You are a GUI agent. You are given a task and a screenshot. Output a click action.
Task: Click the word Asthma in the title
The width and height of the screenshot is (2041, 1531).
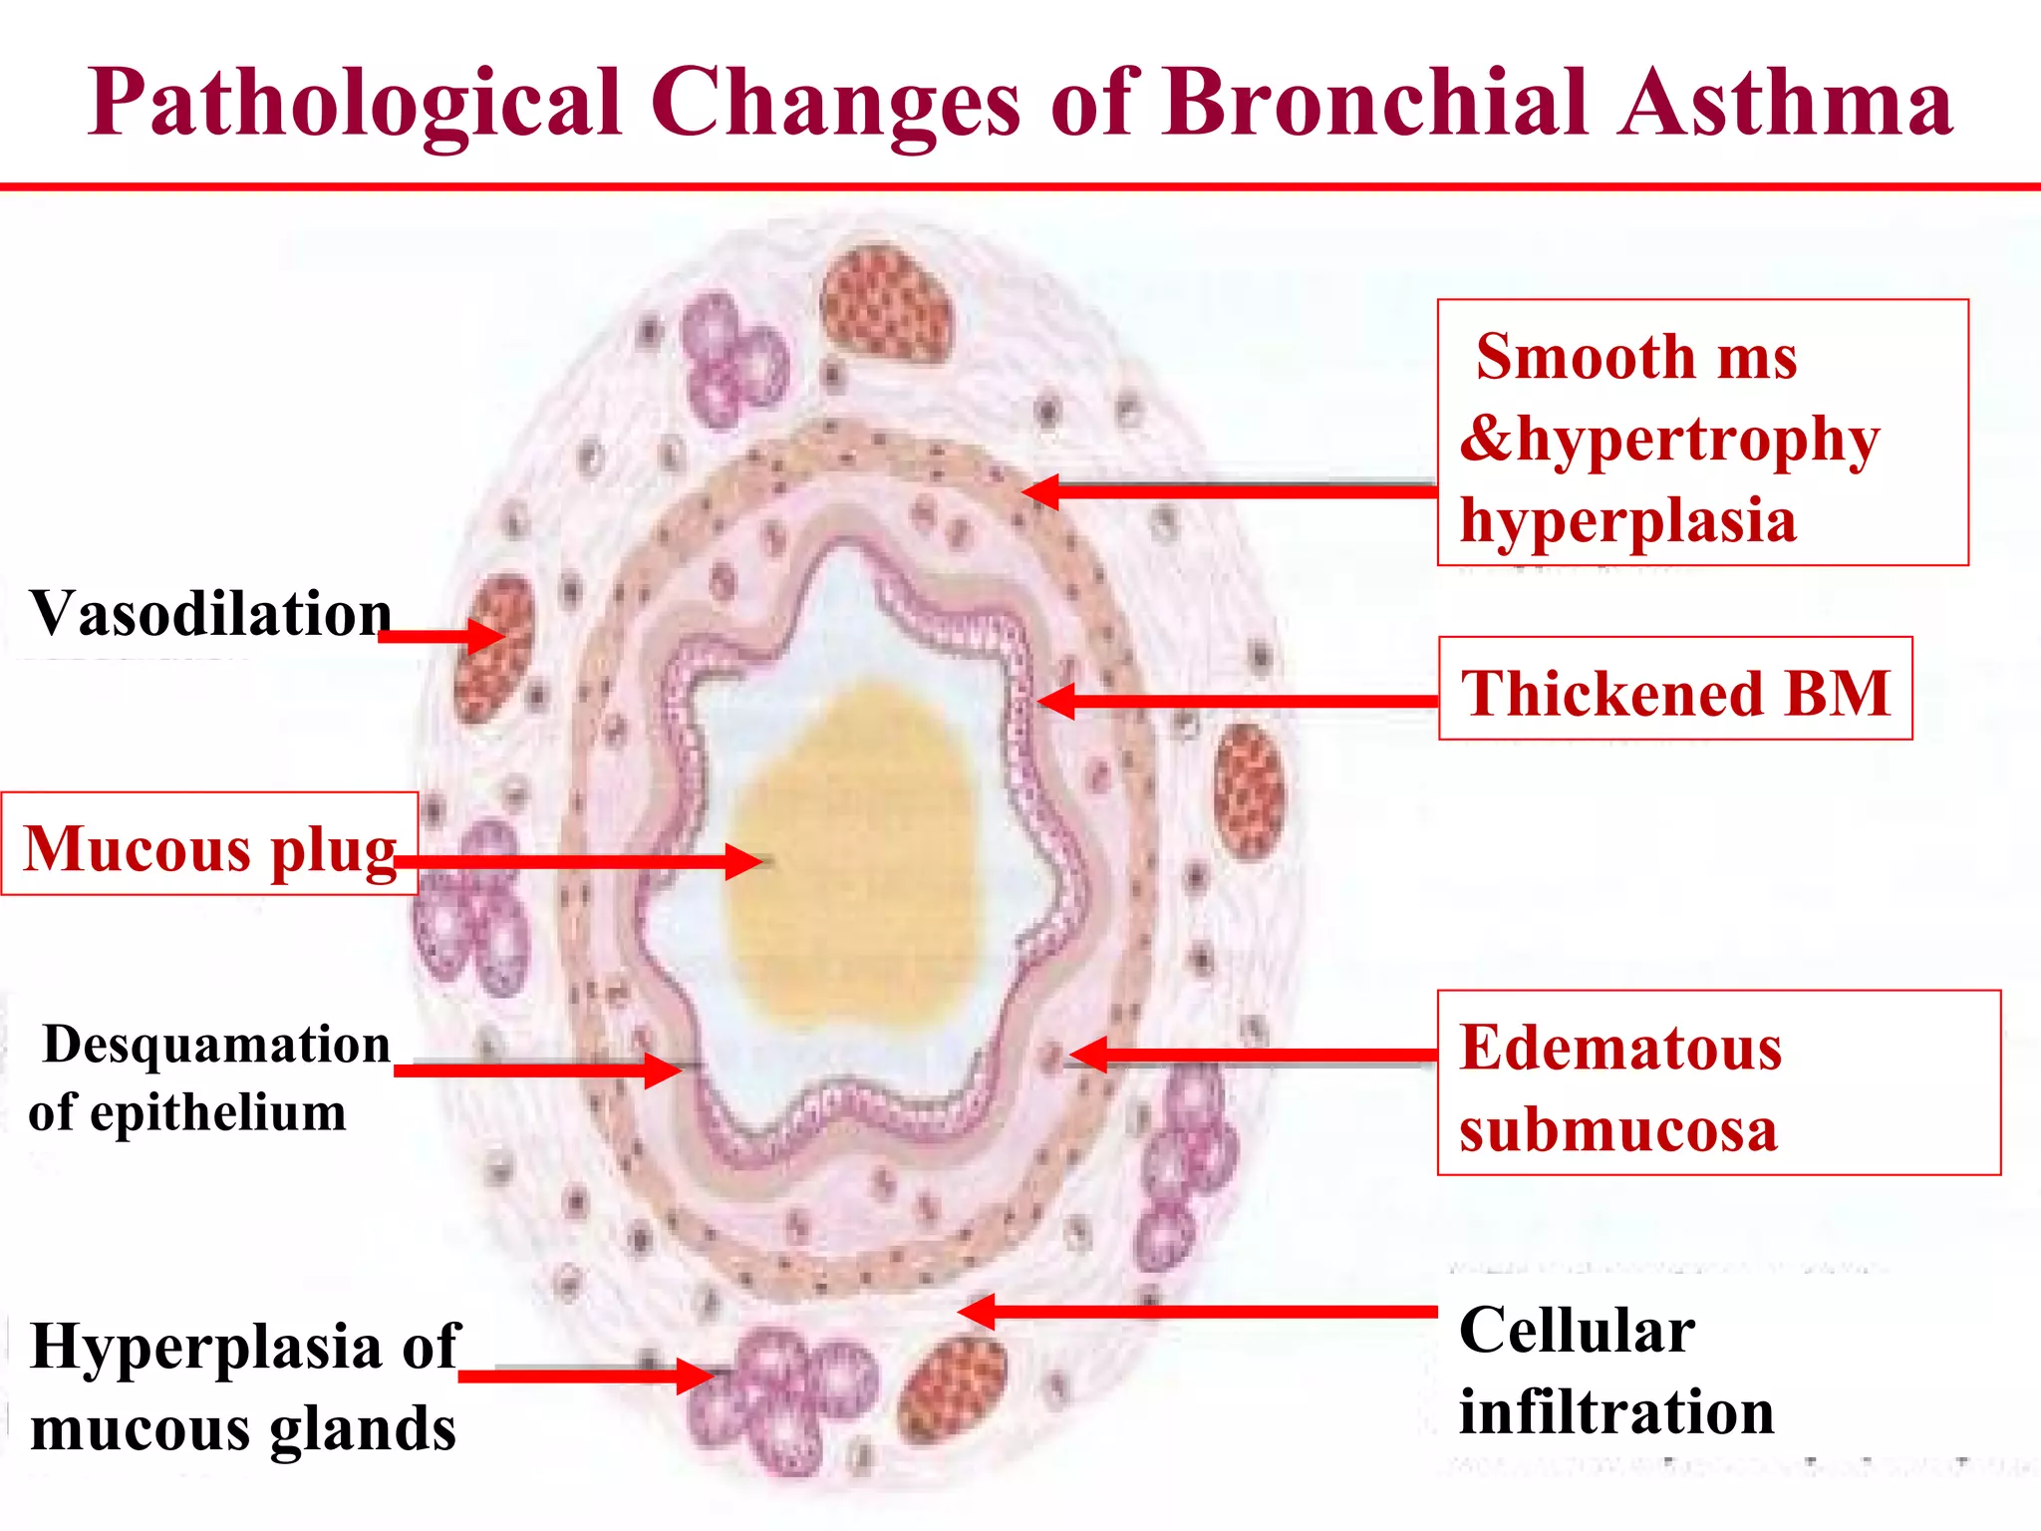tap(1784, 102)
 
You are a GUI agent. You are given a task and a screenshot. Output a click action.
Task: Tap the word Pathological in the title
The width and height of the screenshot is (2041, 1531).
tap(355, 104)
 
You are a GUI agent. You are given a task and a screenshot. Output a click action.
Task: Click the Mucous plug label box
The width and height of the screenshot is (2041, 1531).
tap(209, 845)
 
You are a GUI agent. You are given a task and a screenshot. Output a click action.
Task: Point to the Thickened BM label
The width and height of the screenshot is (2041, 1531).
tap(1674, 690)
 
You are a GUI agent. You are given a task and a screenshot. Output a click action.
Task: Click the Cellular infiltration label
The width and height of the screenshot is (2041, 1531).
tap(1614, 1370)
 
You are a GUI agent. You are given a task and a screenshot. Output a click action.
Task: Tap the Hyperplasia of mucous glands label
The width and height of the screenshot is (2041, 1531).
tap(244, 1385)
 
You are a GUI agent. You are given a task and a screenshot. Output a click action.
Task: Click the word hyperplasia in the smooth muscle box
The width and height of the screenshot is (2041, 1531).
tap(1628, 520)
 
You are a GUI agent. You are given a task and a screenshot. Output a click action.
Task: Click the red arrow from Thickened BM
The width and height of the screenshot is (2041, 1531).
tap(1236, 701)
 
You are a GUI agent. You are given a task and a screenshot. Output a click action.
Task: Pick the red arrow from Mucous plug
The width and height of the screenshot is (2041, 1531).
tap(578, 861)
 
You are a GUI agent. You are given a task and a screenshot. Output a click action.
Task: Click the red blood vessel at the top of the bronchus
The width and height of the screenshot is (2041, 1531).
tap(885, 302)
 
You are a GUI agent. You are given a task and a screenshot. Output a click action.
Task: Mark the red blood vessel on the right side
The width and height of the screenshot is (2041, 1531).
tap(1250, 789)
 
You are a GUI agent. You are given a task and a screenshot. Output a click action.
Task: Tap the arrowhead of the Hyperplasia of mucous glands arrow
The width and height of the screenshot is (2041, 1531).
tap(698, 1377)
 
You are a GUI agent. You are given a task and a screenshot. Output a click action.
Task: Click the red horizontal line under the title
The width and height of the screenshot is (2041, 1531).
tap(1020, 186)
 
